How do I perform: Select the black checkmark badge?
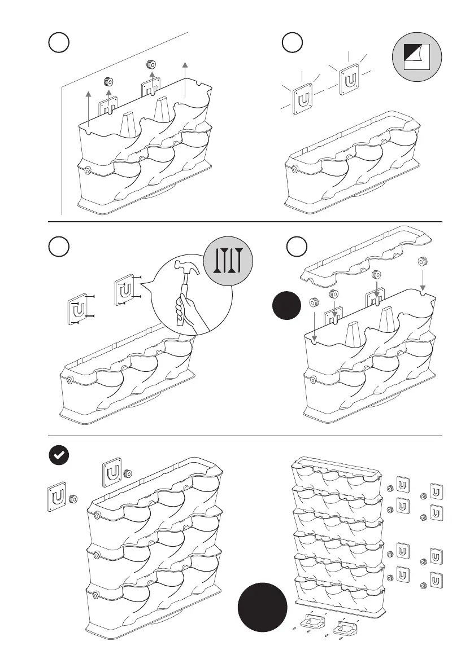58,456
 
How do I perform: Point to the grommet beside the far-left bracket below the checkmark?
73,499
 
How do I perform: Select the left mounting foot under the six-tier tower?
315,621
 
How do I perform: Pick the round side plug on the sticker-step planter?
294,168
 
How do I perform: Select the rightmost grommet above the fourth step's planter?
421,262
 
